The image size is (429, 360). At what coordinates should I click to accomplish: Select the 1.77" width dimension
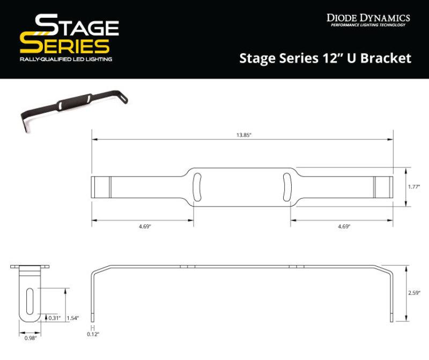click(413, 187)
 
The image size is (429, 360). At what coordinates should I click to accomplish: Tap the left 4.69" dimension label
click(143, 227)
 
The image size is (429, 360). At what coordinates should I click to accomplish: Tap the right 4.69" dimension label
click(344, 227)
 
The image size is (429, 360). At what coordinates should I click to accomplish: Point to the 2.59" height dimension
click(413, 293)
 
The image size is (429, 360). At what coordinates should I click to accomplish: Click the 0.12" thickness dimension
click(93, 334)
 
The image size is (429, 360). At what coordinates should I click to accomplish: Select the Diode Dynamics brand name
click(368, 18)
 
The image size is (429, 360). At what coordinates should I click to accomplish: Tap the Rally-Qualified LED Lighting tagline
click(65, 59)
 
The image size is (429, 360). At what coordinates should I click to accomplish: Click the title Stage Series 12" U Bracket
click(324, 58)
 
